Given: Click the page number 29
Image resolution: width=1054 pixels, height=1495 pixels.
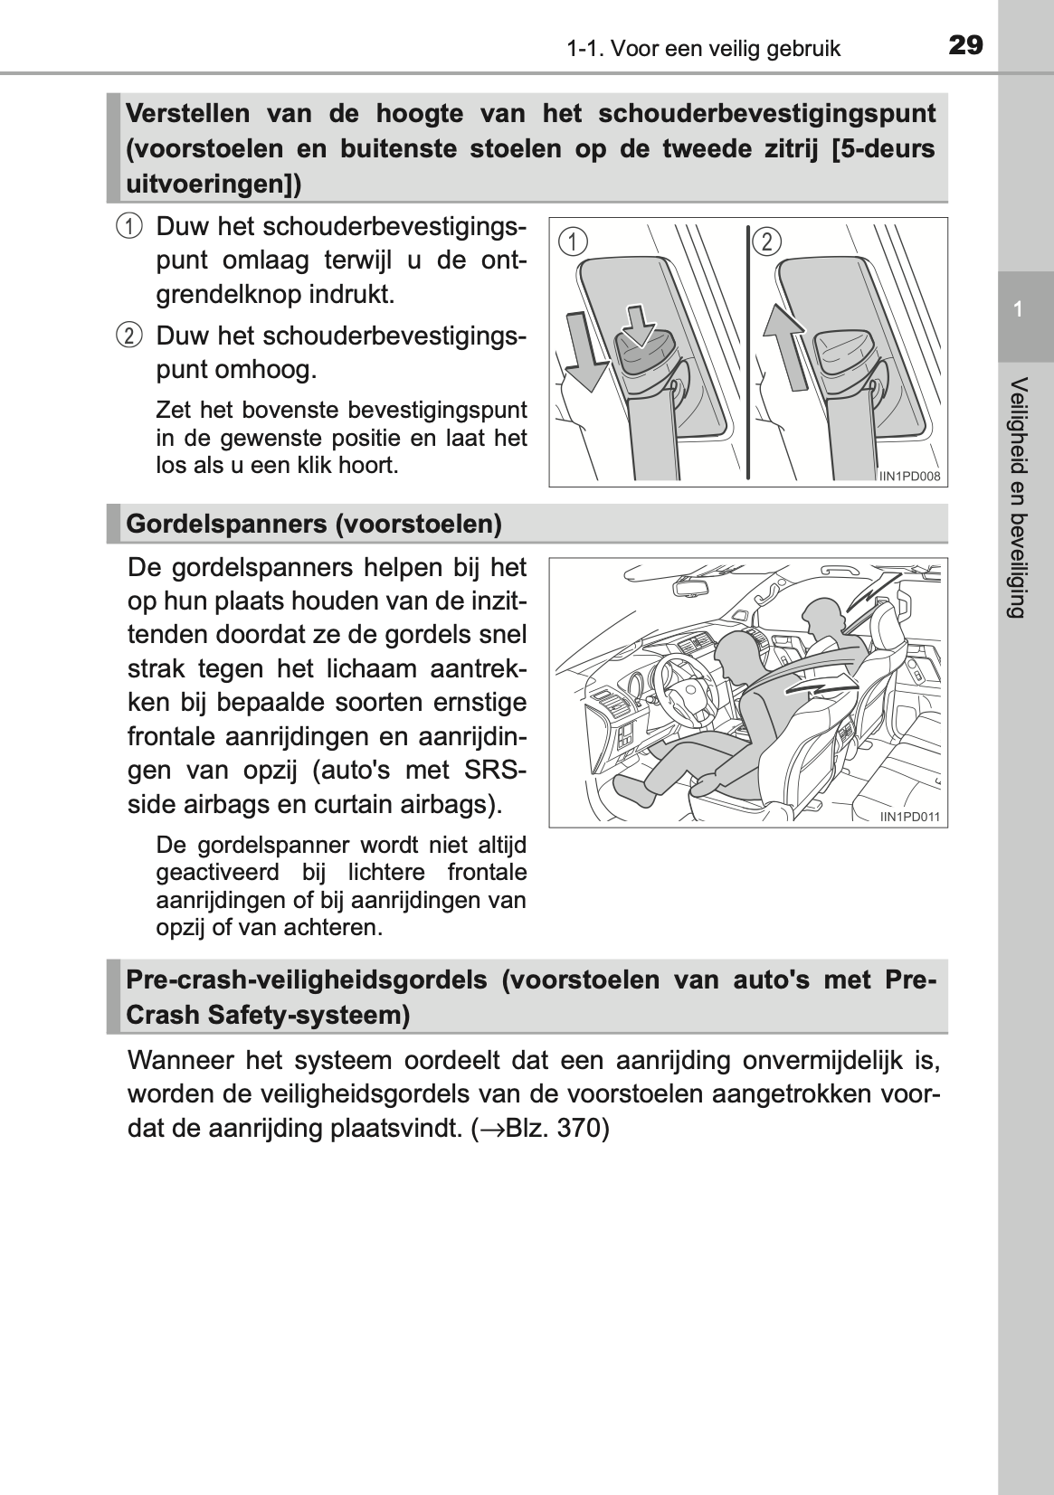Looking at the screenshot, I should pos(965,44).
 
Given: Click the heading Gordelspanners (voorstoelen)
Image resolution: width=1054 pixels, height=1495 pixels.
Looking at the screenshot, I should pos(314,524).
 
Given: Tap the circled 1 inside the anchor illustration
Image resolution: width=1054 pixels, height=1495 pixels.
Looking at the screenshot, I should pos(572,241).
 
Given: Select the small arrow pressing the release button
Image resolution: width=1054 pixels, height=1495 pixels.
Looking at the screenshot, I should pos(641,325).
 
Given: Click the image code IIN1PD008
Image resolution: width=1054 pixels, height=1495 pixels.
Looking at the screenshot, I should pos(910,476).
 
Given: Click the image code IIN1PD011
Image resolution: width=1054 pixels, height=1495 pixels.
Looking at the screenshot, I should pos(910,817).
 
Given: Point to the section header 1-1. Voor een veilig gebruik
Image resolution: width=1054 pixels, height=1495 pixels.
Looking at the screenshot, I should pos(704,49).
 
